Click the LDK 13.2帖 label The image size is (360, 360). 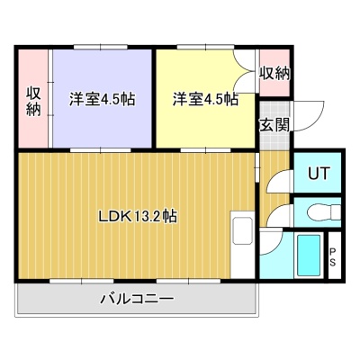pyautogui.click(x=138, y=216)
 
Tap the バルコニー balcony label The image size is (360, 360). pyautogui.click(x=137, y=299)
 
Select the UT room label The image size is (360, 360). pyautogui.click(x=319, y=173)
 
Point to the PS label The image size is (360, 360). pyautogui.click(x=333, y=257)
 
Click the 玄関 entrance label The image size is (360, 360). pyautogui.click(x=274, y=124)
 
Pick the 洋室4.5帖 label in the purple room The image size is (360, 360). pyautogui.click(x=102, y=99)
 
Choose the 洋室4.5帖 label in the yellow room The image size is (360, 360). pyautogui.click(x=205, y=99)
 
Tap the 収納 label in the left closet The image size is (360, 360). pyautogui.click(x=33, y=102)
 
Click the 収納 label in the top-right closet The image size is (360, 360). pyautogui.click(x=274, y=74)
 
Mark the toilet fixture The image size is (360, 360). pyautogui.click(x=324, y=212)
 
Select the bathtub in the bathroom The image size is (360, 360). pyautogui.click(x=309, y=256)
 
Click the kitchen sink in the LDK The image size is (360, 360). pyautogui.click(x=242, y=231)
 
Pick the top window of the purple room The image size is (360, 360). pyautogui.click(x=101, y=47)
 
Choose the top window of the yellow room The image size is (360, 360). pyautogui.click(x=205, y=47)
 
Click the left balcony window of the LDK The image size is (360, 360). pyautogui.click(x=82, y=281)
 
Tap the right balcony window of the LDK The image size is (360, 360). pyautogui.click(x=189, y=281)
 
